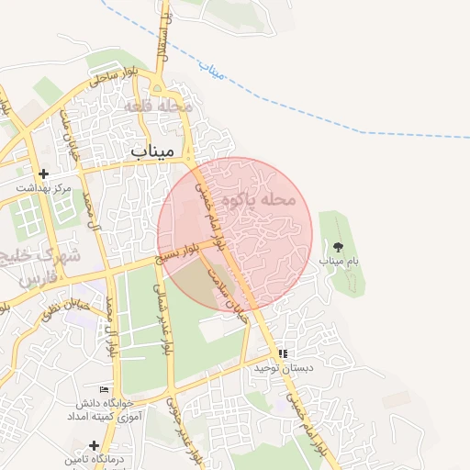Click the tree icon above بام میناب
(x=338, y=246)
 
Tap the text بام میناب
(x=339, y=262)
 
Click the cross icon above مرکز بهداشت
(x=42, y=173)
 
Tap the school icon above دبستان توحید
(x=283, y=353)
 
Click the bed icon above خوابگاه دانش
(x=103, y=389)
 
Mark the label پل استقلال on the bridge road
(x=165, y=37)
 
